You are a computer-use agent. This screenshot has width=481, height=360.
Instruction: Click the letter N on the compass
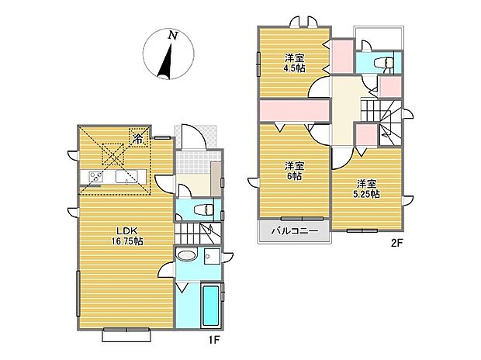(x=173, y=35)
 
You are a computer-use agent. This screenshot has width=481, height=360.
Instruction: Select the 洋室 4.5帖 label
(x=294, y=62)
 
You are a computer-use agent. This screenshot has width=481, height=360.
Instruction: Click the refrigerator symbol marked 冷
(x=137, y=140)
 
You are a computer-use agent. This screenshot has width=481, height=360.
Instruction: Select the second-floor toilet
(x=381, y=64)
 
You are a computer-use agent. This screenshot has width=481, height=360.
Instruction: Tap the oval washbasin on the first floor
(x=187, y=256)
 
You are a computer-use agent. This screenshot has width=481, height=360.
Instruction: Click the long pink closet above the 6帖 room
(x=293, y=112)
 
